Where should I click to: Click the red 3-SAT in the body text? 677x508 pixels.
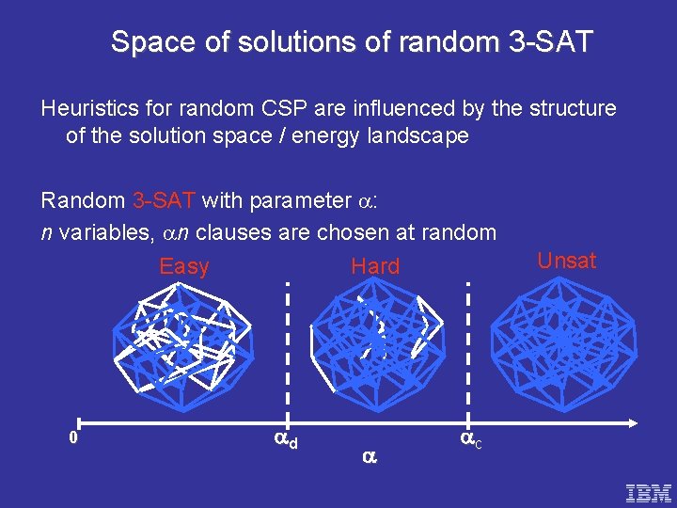coord(164,200)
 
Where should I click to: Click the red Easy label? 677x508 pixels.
coord(184,266)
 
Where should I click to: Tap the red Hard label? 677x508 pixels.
coord(375,266)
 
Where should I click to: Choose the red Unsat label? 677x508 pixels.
coord(566,261)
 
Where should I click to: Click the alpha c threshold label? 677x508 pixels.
coord(470,438)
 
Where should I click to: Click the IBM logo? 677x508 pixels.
coord(649,491)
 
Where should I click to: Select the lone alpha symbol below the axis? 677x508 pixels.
coord(369,456)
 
